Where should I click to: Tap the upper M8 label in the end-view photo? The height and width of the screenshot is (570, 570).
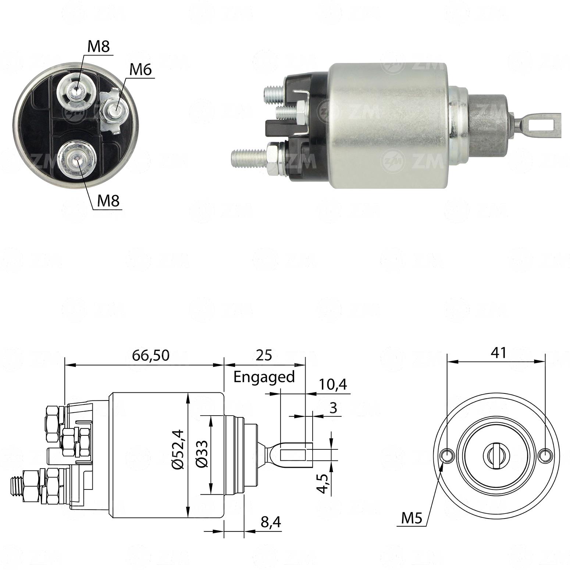tap(99, 47)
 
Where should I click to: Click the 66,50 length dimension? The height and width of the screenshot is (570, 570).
tap(151, 355)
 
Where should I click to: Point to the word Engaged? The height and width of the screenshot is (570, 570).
tap(264, 377)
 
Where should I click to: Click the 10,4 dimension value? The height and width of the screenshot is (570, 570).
tap(332, 385)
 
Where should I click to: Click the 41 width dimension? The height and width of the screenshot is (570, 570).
tap(499, 353)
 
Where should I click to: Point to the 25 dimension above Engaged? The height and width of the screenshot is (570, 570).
tap(264, 355)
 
